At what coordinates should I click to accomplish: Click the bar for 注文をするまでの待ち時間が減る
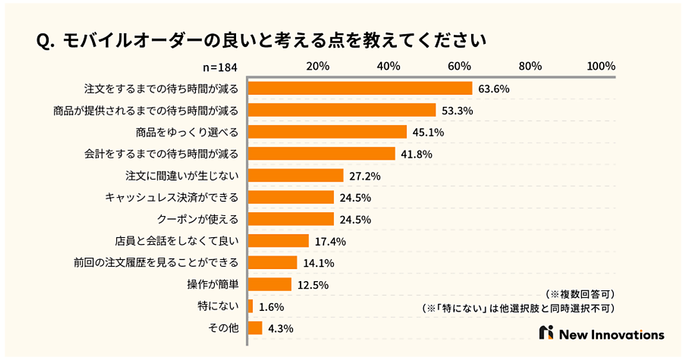(360, 89)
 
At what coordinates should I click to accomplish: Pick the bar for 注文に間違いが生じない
(296, 175)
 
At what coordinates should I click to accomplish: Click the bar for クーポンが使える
(291, 219)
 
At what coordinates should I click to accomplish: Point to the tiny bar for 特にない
(250, 306)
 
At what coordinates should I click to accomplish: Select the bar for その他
(255, 328)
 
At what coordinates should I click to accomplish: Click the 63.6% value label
(494, 89)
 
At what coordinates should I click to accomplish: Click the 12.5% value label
(313, 285)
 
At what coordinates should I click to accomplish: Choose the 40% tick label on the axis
(388, 66)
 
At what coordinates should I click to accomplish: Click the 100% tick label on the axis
(601, 66)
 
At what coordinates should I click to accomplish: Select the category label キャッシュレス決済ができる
(171, 198)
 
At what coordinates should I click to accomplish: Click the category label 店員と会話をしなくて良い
(177, 241)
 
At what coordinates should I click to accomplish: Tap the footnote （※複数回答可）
(580, 294)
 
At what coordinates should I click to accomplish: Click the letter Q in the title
(42, 41)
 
